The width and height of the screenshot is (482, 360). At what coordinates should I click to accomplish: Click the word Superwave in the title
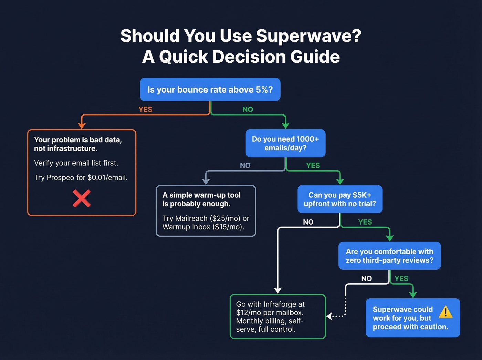coord(308,36)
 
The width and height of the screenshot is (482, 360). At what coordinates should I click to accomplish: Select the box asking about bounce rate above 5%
coord(210,90)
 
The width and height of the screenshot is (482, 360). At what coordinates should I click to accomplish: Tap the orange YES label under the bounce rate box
coord(145,110)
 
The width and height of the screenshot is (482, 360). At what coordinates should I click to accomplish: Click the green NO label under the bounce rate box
coord(248,110)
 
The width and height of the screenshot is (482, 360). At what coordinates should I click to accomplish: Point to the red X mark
coord(82,198)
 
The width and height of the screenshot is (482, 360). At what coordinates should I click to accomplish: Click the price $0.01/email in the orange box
coord(107,178)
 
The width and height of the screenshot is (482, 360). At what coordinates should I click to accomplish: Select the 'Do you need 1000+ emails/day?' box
coord(285,143)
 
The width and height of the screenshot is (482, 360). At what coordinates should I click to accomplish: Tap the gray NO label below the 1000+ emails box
coord(245,165)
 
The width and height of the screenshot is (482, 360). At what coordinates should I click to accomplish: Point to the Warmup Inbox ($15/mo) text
coord(203,227)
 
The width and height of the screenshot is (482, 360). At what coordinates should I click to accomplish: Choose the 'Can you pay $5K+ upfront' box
coord(339,199)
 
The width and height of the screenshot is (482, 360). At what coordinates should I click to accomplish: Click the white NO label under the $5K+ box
coord(308,222)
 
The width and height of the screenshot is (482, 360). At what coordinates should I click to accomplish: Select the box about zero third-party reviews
coord(389,256)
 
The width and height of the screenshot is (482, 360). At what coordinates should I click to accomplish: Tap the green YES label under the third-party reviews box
coord(401,278)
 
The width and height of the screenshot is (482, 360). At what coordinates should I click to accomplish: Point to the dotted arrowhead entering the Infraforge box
coord(329,316)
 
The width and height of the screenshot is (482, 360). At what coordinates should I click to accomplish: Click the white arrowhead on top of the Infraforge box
coord(277,290)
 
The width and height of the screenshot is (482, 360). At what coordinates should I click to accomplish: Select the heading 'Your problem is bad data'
coord(78,140)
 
